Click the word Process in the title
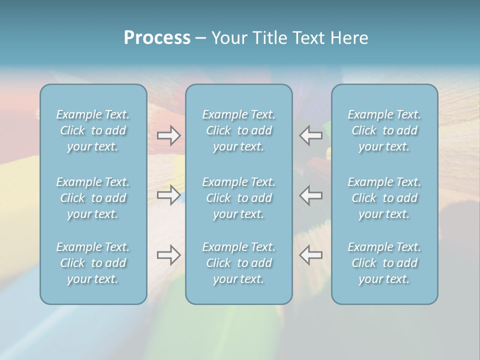click(x=157, y=38)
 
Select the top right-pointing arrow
click(x=168, y=135)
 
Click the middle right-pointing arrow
click(x=168, y=195)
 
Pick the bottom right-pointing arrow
click(x=168, y=255)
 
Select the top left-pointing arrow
click(x=311, y=135)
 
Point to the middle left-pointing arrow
click(x=311, y=195)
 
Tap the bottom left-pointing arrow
click(x=311, y=255)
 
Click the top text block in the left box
click(x=93, y=130)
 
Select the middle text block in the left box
click(x=93, y=198)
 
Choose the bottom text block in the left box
click(x=93, y=263)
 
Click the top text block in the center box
click(x=238, y=130)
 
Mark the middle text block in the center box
click(x=238, y=198)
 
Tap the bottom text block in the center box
click(x=238, y=263)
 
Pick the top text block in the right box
click(x=384, y=130)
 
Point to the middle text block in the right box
click(x=384, y=198)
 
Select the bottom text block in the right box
click(x=384, y=263)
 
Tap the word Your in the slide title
click(x=228, y=38)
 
